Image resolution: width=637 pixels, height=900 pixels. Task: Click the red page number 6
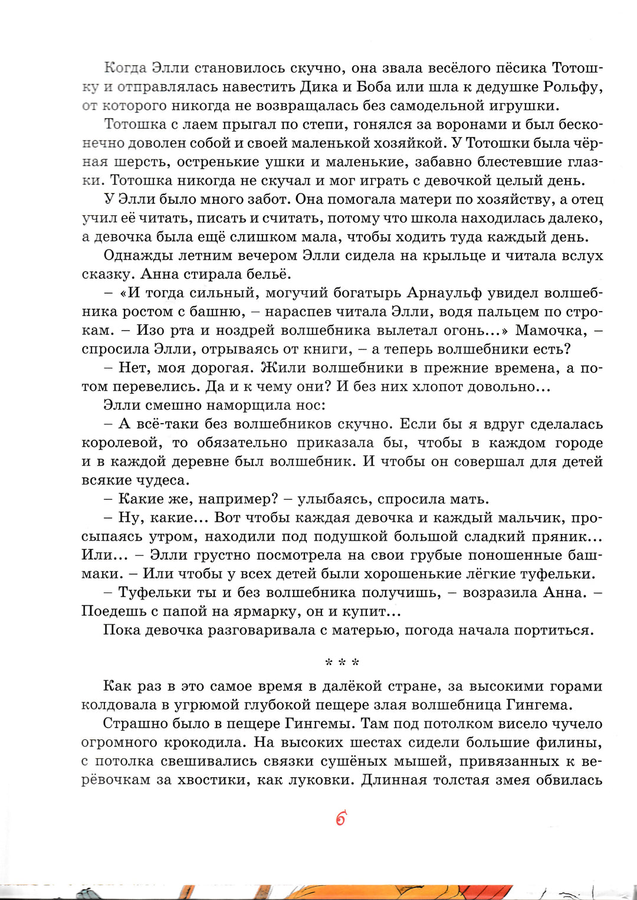340,819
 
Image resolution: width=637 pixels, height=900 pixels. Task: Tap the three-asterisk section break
342,662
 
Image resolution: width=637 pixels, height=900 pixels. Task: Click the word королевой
121,443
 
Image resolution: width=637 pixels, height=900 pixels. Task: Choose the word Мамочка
551,330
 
